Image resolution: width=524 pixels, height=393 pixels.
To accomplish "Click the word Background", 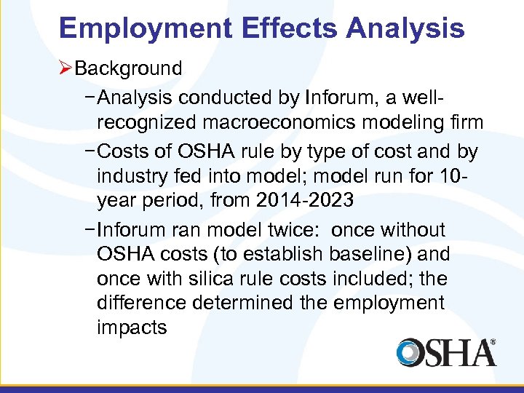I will [128, 69].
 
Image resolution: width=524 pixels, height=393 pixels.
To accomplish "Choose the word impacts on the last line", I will [131, 328].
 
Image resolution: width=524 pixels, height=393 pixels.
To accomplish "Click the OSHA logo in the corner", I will [446, 352].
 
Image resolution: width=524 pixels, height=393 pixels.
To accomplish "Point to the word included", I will [387, 279].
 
